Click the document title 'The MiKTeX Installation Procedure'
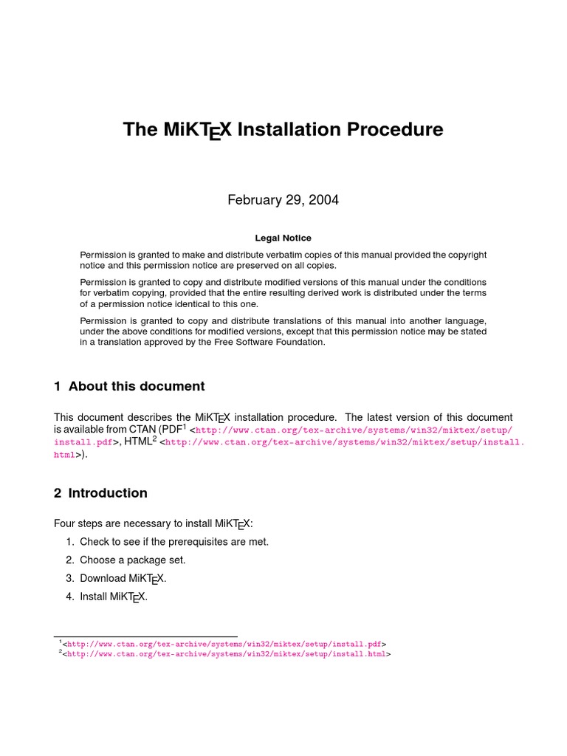point(283,131)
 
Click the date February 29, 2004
point(283,200)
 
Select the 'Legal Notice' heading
point(283,238)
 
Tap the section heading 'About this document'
point(137,386)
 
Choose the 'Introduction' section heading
point(108,492)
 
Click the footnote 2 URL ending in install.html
point(226,653)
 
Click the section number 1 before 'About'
point(58,386)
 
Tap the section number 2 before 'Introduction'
point(58,492)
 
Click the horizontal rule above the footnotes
point(145,636)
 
